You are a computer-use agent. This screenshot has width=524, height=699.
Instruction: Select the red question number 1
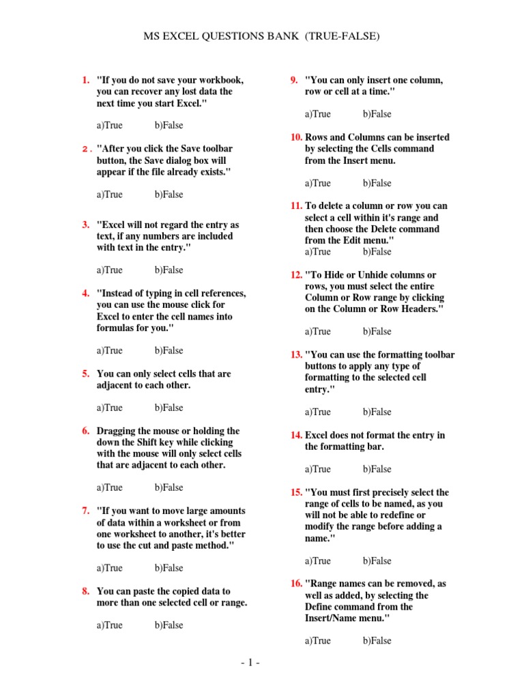(x=85, y=80)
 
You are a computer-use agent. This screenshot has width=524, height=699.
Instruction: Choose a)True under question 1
(x=109, y=126)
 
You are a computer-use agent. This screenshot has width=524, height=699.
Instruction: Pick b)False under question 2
(x=169, y=195)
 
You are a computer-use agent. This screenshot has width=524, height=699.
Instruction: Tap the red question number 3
(x=85, y=225)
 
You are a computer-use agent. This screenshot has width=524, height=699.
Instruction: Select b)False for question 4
(x=169, y=350)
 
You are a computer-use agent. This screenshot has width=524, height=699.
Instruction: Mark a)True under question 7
(x=109, y=568)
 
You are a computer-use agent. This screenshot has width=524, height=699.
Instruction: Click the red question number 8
(x=85, y=591)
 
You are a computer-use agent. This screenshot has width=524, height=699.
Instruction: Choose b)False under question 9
(x=377, y=114)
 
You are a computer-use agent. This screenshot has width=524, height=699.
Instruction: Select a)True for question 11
(x=317, y=251)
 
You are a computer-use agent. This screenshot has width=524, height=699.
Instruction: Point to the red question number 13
(x=296, y=355)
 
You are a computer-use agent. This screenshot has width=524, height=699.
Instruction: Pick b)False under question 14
(x=377, y=469)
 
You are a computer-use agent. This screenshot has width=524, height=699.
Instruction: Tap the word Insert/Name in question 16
(x=332, y=618)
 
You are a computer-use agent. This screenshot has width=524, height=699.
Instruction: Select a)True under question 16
(x=317, y=640)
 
